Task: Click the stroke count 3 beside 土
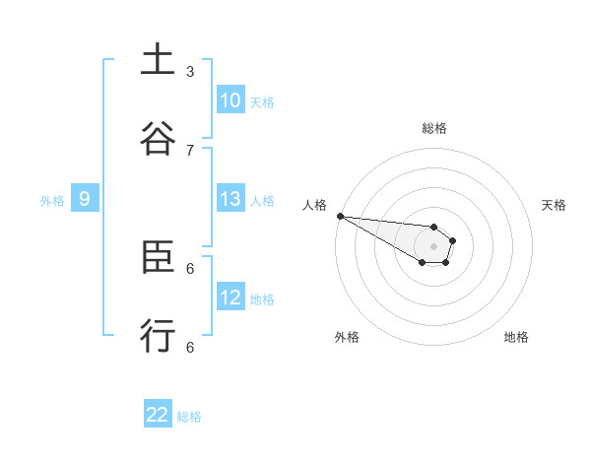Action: coord(190,71)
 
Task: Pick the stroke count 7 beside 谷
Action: coord(190,150)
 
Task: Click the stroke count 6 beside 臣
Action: coord(190,268)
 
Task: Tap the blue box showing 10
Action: coord(230,100)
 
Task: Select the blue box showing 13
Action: coord(230,199)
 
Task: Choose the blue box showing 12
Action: coord(230,298)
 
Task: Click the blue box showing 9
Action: coord(85,199)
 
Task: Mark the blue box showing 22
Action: coord(158,415)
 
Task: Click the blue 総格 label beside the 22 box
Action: coord(190,417)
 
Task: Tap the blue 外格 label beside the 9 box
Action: coord(52,201)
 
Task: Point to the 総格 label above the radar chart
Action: coord(433,128)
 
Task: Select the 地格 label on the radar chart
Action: coord(516,337)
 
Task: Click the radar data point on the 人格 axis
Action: coord(340,216)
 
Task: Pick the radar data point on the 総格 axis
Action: coord(433,227)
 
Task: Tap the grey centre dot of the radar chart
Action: coord(433,246)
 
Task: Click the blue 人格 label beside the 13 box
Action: coord(262,201)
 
